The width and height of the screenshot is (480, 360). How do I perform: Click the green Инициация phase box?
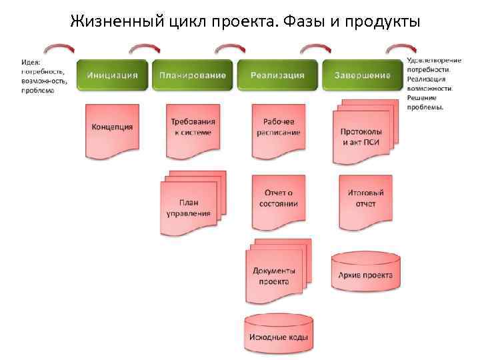(111, 75)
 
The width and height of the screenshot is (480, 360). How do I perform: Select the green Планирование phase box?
(192, 75)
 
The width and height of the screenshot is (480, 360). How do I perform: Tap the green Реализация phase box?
(277, 75)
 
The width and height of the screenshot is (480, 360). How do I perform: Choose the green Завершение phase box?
(363, 75)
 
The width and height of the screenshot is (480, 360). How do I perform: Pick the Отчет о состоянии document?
(278, 199)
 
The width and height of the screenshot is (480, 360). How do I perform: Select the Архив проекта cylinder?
(365, 274)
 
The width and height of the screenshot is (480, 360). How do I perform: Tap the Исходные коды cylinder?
(278, 336)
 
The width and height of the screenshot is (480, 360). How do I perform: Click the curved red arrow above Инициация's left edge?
(59, 49)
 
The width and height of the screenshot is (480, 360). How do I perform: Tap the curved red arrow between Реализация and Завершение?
(315, 49)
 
